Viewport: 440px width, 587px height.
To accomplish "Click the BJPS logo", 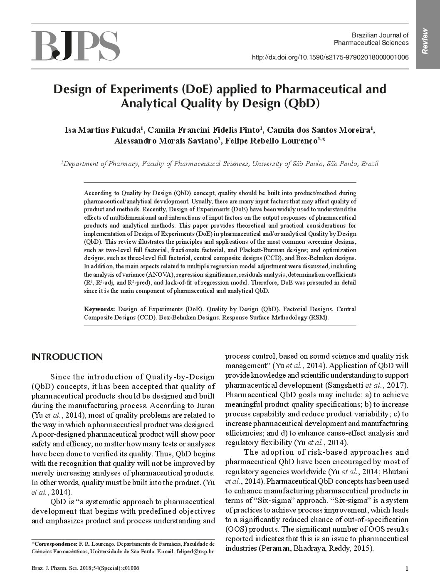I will point(75,45).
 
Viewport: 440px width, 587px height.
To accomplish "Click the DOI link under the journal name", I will point(330,57).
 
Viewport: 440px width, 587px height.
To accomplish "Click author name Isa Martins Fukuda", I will point(104,130).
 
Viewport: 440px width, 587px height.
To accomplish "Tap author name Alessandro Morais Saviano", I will point(166,141).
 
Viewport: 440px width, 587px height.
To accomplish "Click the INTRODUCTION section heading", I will point(67,357).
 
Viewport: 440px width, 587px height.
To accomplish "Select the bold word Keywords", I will point(99,309).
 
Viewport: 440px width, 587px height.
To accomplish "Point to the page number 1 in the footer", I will point(407,569).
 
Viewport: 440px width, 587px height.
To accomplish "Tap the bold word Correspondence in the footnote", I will point(55,544).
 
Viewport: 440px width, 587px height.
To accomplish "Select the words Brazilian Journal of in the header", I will point(380,35).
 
